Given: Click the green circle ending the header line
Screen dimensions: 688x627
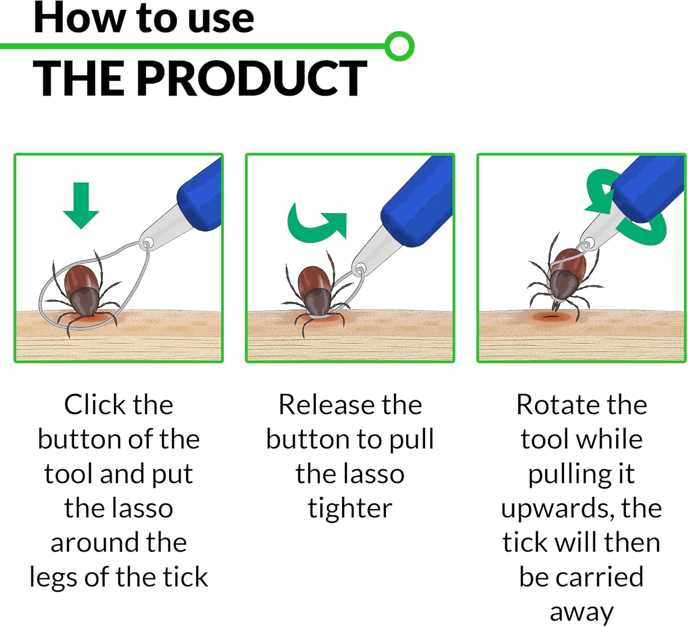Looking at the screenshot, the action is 399,46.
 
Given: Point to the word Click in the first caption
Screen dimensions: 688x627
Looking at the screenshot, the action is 94,405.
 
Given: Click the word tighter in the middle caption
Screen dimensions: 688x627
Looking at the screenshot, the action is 350,509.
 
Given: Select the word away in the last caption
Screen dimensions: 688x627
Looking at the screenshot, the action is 582,613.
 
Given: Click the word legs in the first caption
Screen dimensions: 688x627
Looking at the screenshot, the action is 53,579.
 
